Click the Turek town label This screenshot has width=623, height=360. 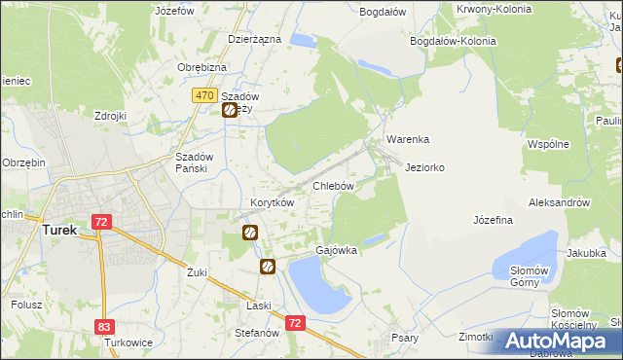pyautogui.click(x=59, y=231)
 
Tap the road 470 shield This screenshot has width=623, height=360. pyautogui.click(x=203, y=95)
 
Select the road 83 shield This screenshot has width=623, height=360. pyautogui.click(x=104, y=328)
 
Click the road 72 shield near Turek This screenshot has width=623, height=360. pyautogui.click(x=101, y=223)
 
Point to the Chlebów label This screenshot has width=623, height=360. pyautogui.click(x=332, y=185)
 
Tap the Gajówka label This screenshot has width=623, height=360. pyautogui.click(x=337, y=250)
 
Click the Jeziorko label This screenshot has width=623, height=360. pyautogui.click(x=425, y=167)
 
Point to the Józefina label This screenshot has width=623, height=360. pyautogui.click(x=493, y=220)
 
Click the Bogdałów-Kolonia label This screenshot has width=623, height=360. pyautogui.click(x=454, y=42)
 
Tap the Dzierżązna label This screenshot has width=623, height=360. pyautogui.click(x=254, y=39)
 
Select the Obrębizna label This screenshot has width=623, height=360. pyautogui.click(x=202, y=66)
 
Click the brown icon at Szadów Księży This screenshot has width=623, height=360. pyautogui.click(x=230, y=110)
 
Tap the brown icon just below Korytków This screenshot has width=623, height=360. pyautogui.click(x=250, y=232)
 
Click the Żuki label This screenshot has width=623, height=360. pyautogui.click(x=198, y=272)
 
